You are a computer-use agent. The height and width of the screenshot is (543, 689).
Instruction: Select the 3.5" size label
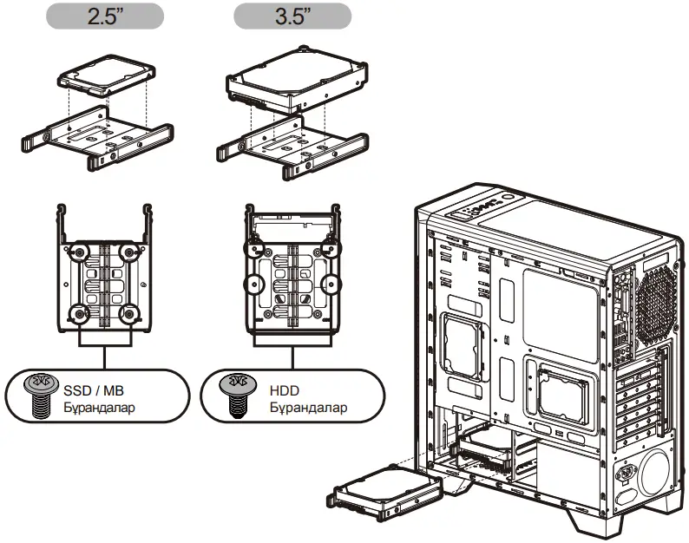point(293,16)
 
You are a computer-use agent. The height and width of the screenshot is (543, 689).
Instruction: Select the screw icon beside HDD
point(232,397)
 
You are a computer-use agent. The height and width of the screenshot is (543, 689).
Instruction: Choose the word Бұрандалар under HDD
point(307,407)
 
